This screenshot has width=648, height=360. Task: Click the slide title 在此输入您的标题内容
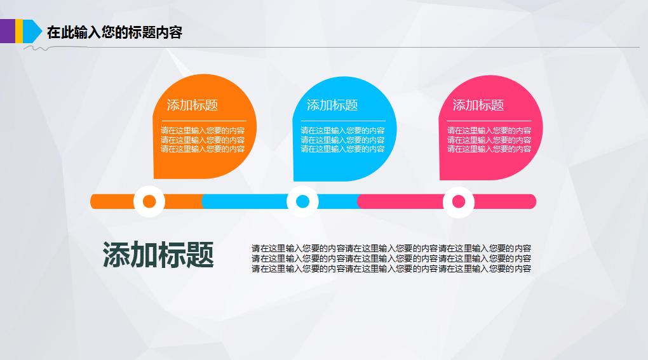coord(114,32)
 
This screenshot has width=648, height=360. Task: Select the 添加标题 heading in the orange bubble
coord(192,105)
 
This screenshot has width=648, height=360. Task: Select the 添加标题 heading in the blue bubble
coord(332,105)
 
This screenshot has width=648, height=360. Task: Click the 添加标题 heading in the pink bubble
coord(478,105)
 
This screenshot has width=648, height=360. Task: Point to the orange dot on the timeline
coord(149,202)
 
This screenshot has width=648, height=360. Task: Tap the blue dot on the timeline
coord(302,202)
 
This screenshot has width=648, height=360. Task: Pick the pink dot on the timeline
coord(459,202)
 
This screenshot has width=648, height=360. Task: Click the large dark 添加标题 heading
coord(158,255)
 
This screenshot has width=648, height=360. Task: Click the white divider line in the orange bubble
coord(203,120)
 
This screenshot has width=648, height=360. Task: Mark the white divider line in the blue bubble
coord(343,120)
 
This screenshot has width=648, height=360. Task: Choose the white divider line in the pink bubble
coord(489,120)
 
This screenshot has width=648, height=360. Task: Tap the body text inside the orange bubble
coord(203,140)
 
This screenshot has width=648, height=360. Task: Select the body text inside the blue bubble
coord(342,140)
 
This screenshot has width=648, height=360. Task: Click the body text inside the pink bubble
coord(489,140)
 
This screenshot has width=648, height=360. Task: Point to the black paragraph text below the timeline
coord(391,258)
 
